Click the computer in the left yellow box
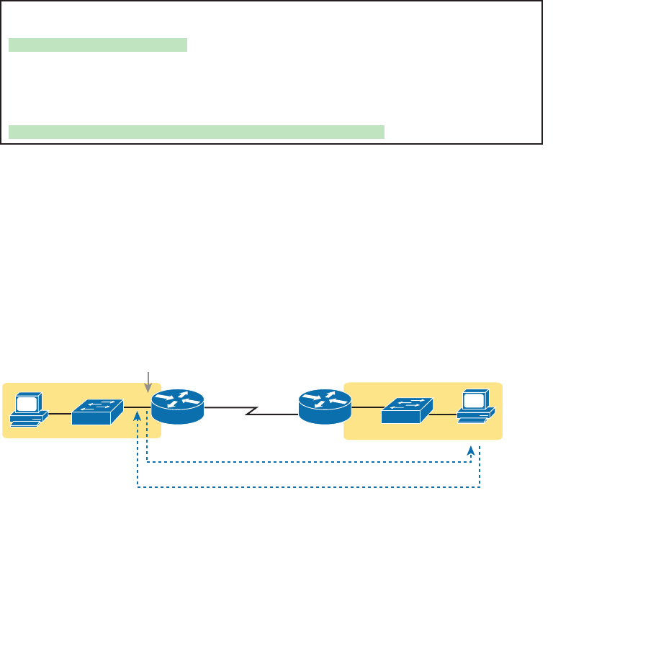[x=29, y=409]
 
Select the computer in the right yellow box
[x=476, y=406]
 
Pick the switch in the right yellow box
[x=407, y=410]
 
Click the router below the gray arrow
[x=178, y=407]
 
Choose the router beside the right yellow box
[x=325, y=407]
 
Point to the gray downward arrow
[x=148, y=381]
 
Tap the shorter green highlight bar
[x=97, y=45]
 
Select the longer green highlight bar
[x=197, y=131]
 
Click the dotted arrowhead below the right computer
[x=472, y=450]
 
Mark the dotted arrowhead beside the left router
[x=138, y=436]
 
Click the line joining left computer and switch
[x=60, y=413]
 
